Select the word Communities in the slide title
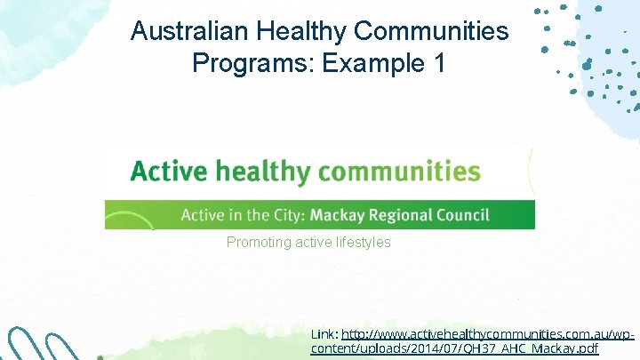(x=433, y=32)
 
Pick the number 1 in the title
(x=432, y=63)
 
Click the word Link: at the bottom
(x=324, y=333)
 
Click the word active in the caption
(x=305, y=242)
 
